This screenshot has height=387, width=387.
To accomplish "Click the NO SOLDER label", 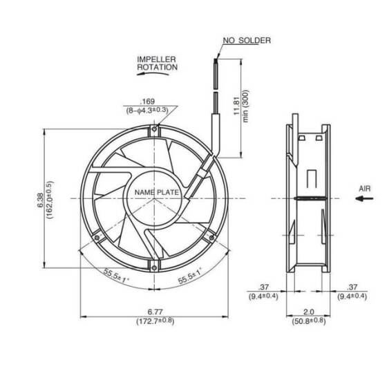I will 246,41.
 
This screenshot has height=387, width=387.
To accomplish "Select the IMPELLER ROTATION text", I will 157,64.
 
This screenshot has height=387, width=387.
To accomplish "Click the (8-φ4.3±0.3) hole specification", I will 147,110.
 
